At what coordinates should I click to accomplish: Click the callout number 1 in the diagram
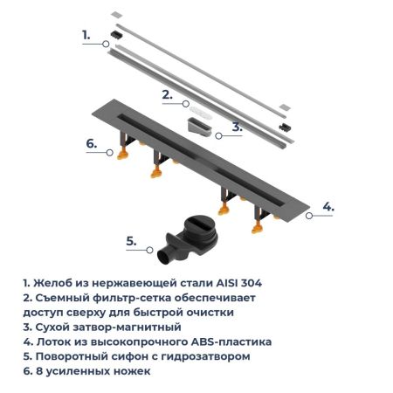86,34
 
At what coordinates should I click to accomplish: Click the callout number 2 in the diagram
166,92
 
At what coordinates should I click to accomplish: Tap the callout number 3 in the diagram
237,127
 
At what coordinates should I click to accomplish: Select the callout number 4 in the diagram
327,206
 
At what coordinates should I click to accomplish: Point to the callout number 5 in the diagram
130,240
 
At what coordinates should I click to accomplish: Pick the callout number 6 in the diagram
91,143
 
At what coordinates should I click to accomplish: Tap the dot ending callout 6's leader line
109,154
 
